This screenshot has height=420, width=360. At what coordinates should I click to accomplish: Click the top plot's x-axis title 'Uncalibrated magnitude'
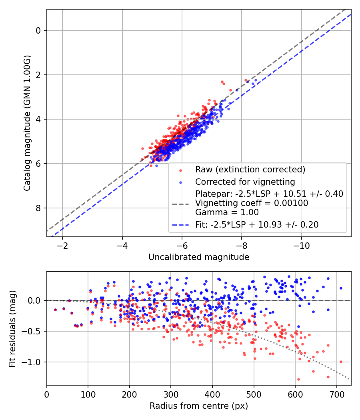coord(199,257)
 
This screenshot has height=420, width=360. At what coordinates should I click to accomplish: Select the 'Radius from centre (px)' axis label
coord(199,406)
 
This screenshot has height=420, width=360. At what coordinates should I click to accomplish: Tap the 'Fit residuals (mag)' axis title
coord(12,328)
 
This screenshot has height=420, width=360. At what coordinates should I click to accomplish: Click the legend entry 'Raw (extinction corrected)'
coord(250,169)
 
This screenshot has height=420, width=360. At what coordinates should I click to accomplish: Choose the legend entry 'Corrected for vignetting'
coord(245,182)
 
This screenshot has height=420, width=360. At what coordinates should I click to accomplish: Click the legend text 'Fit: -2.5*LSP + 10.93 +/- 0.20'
coord(257,225)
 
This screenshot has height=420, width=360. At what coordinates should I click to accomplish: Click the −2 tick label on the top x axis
coord(62,245)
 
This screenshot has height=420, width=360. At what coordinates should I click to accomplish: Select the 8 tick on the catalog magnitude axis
coord(38,208)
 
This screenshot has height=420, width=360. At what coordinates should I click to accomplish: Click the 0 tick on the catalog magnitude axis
coord(38,30)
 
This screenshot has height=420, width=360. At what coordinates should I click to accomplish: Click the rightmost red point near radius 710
coord(341,362)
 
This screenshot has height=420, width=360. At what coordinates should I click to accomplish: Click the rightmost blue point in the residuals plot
coord(341,288)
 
